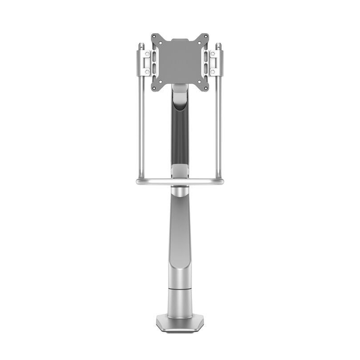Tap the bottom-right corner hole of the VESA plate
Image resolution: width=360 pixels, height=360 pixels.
click(x=205, y=88)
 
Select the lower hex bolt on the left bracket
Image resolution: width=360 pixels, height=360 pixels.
click(x=147, y=71)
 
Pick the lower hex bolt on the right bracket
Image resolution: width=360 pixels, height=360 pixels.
click(x=212, y=71)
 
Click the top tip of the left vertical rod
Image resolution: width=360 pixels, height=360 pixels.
click(x=140, y=44)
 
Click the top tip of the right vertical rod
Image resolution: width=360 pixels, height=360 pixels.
click(x=219, y=44)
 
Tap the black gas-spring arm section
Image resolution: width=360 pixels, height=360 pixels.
click(x=180, y=133)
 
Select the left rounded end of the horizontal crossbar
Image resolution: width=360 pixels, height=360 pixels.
click(x=138, y=181)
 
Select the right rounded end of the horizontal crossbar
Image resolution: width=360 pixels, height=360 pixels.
click(x=222, y=181)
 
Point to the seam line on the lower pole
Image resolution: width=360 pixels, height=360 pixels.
click(x=180, y=289)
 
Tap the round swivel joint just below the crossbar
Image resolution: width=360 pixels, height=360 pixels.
click(x=180, y=192)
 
